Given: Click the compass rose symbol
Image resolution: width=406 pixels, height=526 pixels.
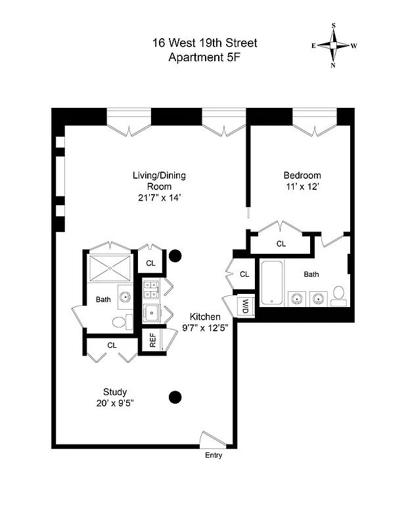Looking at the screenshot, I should (334, 45).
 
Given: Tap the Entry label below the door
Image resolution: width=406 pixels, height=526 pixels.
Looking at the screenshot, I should (214, 456).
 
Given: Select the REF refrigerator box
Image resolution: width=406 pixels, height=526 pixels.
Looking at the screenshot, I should (152, 340).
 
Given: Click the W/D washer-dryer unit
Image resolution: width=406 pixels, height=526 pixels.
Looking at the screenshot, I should (245, 306).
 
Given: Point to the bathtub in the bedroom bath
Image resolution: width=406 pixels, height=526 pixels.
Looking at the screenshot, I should (272, 283).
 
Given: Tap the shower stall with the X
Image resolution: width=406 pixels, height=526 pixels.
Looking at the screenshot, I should (110, 268).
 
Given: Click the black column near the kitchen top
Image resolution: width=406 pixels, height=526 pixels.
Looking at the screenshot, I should (175, 256).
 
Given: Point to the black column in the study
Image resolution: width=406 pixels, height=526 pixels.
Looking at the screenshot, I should (175, 396).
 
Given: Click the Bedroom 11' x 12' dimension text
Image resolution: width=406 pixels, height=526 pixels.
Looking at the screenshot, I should (302, 186).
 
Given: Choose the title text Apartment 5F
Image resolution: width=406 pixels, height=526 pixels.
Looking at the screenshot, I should (204, 57).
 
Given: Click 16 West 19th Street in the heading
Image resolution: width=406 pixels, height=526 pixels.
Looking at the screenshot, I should (204, 43).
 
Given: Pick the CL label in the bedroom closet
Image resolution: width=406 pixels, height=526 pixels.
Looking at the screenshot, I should (281, 244).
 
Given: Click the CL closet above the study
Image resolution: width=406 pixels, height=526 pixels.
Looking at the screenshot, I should (112, 345).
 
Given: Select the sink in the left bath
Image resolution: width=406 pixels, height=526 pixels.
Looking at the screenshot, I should (124, 297).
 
